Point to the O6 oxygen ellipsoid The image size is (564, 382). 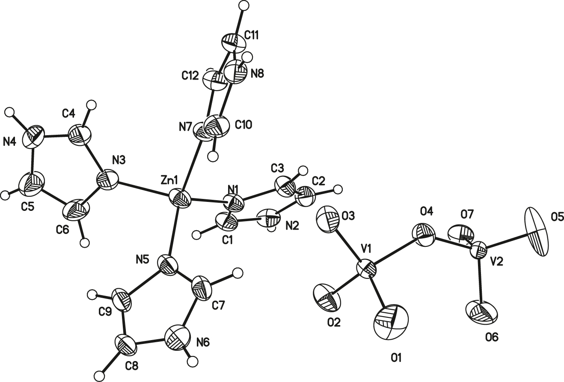482,313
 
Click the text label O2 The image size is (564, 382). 334,323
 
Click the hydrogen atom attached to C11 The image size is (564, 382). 243,5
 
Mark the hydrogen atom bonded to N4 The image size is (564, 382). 10,112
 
